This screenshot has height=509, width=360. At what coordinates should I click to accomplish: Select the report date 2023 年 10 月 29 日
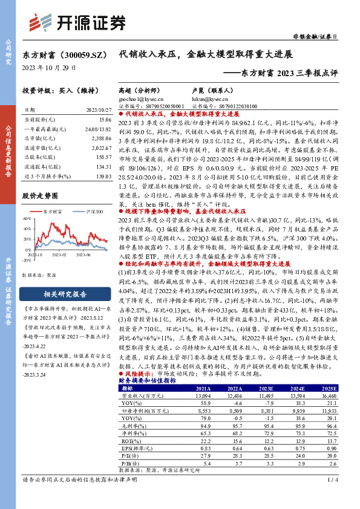coord(49,67)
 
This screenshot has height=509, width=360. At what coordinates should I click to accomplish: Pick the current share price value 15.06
coord(102,120)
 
